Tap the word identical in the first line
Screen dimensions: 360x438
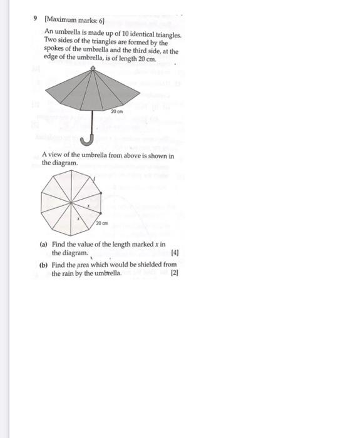click(x=141, y=31)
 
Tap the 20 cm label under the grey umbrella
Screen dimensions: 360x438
click(x=116, y=111)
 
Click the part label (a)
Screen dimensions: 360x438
click(x=44, y=245)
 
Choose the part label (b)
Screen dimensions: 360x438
click(x=44, y=265)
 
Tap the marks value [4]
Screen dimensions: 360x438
click(x=175, y=253)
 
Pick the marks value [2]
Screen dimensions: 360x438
click(x=175, y=273)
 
